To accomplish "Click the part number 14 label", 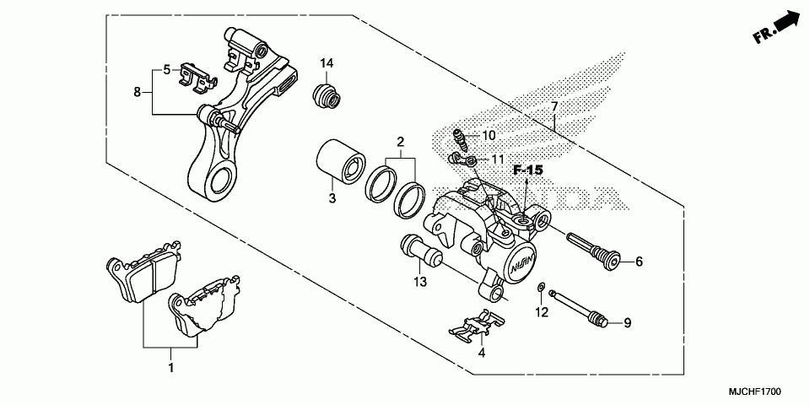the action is click(x=327, y=63).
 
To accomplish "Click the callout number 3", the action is click(x=332, y=199).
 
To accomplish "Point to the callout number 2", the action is click(x=401, y=141).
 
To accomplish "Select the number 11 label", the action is click(x=499, y=159).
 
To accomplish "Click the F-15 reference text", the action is click(x=526, y=170).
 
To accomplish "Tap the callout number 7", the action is click(x=554, y=107).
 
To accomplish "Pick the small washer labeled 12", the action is click(x=540, y=291).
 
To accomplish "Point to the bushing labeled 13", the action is click(x=420, y=251).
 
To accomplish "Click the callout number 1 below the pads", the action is click(x=171, y=368).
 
